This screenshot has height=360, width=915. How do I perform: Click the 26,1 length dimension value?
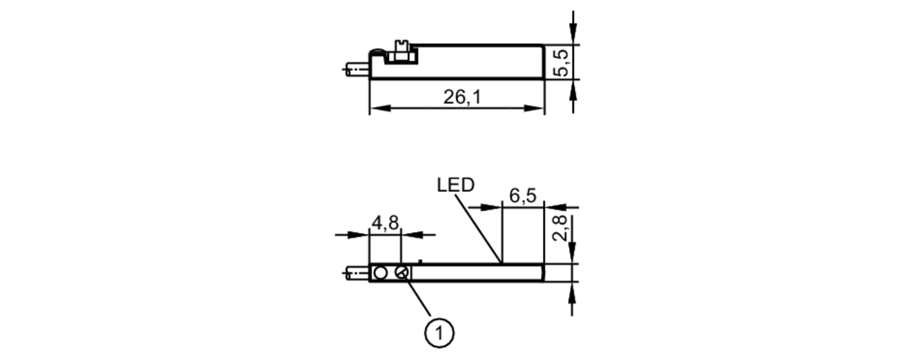[x=462, y=97]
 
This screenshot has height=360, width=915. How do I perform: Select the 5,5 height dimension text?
[x=561, y=62]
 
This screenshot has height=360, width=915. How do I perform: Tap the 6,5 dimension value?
[x=522, y=196]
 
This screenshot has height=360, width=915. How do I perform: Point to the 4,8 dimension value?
[x=385, y=223]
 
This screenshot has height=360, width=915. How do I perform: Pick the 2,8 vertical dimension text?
[x=560, y=228]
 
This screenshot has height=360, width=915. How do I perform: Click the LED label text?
[x=455, y=185]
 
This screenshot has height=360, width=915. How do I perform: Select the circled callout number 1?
[x=439, y=333]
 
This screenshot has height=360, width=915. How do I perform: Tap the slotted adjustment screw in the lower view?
[x=401, y=273]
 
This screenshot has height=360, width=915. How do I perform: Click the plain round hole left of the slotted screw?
[x=380, y=273]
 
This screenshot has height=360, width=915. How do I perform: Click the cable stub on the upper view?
[x=358, y=69]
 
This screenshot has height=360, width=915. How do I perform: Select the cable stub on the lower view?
[x=358, y=274]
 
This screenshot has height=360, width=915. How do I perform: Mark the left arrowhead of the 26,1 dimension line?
[x=380, y=108]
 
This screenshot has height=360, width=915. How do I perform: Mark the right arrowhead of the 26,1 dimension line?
[x=533, y=108]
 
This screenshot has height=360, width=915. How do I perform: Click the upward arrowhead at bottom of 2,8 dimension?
[x=572, y=291]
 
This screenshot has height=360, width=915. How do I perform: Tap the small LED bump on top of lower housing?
[x=420, y=261]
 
